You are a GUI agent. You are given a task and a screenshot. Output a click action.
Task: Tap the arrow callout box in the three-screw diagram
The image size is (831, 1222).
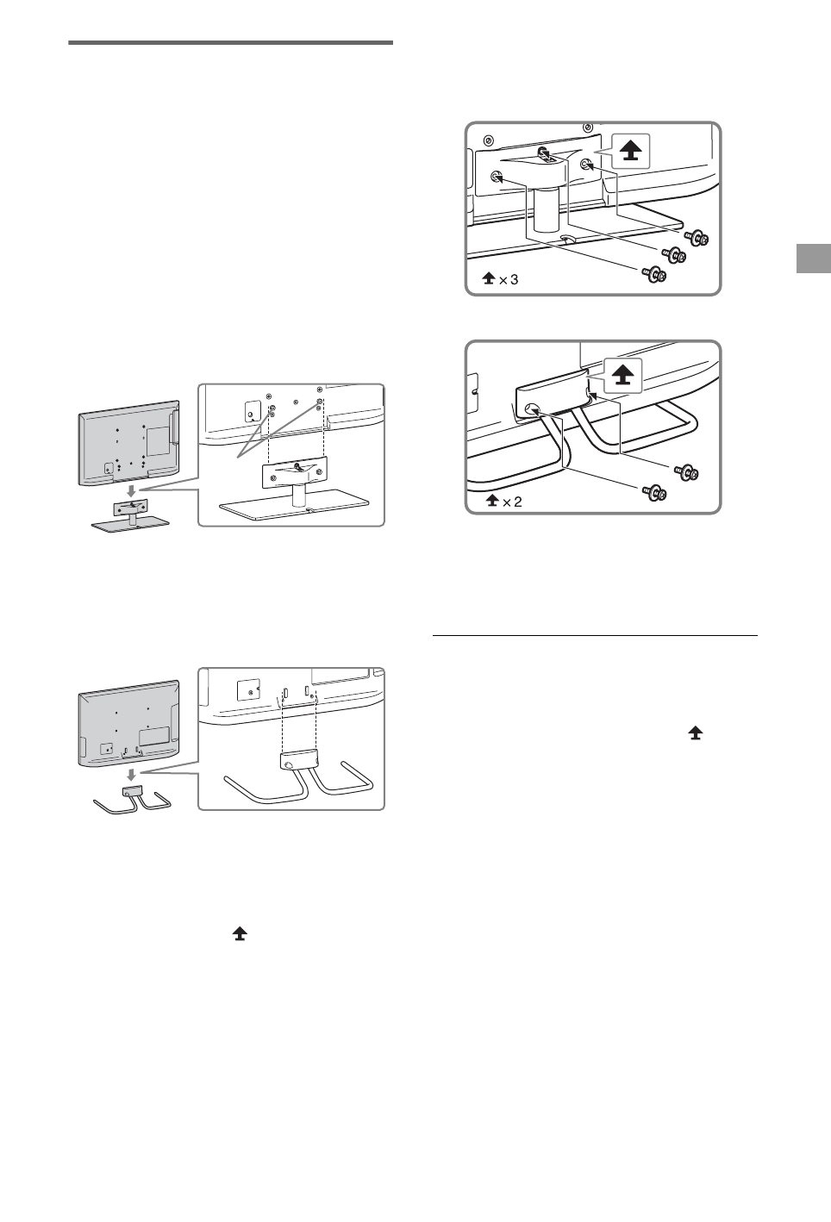point(631,151)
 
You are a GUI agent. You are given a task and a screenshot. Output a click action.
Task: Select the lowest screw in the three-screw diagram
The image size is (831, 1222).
point(654,274)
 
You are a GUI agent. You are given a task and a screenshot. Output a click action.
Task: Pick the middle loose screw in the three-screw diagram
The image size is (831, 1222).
point(673,256)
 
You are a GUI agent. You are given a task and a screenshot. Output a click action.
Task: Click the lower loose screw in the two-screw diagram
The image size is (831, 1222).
point(654,492)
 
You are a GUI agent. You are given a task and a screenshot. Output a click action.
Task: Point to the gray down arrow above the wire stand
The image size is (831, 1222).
point(130,776)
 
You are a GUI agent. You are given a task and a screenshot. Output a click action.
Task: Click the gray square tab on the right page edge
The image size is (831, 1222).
point(813,259)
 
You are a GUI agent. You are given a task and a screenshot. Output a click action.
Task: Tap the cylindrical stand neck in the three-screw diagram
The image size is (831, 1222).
point(545,211)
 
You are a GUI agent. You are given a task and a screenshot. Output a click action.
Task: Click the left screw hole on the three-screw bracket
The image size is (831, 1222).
point(497,177)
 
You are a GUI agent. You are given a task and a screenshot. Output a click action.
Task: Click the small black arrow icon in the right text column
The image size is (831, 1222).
point(695,733)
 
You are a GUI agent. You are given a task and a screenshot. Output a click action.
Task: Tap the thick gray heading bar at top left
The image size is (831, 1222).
point(230,41)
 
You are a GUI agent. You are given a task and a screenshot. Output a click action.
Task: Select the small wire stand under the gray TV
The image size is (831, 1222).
point(131,800)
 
